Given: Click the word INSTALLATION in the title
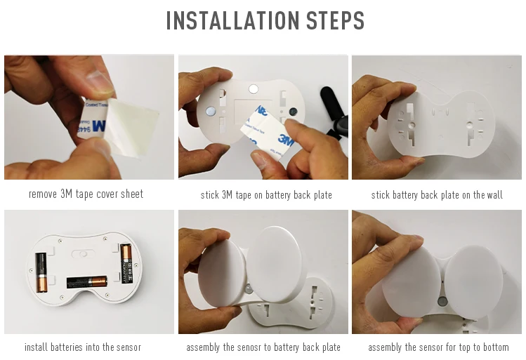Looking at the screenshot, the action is pyautogui.click(x=233, y=20).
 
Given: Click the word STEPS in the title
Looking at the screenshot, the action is pyautogui.click(x=335, y=20).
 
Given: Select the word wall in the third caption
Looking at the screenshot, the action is pyautogui.click(x=494, y=195).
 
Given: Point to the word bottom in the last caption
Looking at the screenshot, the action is pyautogui.click(x=496, y=347).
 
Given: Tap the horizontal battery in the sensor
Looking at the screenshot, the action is pyautogui.click(x=87, y=282).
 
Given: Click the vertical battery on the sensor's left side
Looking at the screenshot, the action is pyautogui.click(x=42, y=273).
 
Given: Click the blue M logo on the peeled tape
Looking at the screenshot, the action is pyautogui.click(x=99, y=126).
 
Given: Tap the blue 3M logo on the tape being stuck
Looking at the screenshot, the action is pyautogui.click(x=286, y=140).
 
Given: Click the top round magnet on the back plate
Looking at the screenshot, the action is pyautogui.click(x=254, y=89).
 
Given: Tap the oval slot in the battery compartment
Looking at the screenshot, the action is pyautogui.click(x=82, y=254).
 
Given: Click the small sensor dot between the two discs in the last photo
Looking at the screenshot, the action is pyautogui.click(x=442, y=300).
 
